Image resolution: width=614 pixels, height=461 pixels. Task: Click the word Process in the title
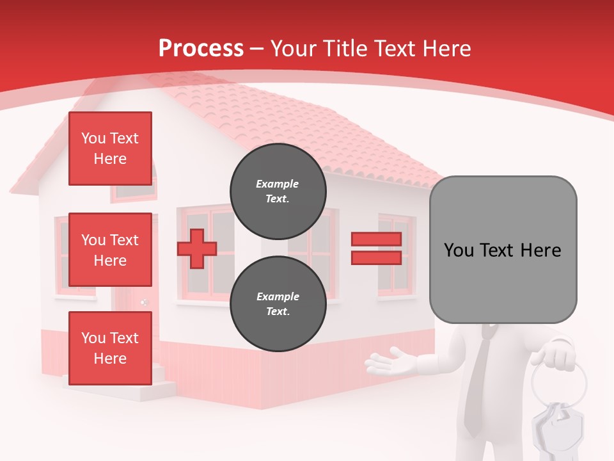[x=201, y=49]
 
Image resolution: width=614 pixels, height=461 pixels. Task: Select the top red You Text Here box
[x=110, y=149]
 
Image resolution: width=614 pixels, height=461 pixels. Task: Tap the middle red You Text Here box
[x=110, y=250]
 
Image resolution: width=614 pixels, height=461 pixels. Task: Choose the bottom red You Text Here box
[x=110, y=348]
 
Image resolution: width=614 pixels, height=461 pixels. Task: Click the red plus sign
[x=197, y=248]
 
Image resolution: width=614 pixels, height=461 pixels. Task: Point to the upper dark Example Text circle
[x=278, y=191]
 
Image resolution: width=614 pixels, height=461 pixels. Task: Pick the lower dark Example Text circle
[x=278, y=303]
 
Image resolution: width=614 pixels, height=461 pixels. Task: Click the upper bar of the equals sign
[x=376, y=239]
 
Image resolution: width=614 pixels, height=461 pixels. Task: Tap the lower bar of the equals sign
[x=376, y=257]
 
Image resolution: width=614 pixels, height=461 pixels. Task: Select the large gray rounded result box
[x=503, y=249]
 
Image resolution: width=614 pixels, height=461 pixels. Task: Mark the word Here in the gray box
[x=540, y=250]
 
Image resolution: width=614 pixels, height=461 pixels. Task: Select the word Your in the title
[x=293, y=49]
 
